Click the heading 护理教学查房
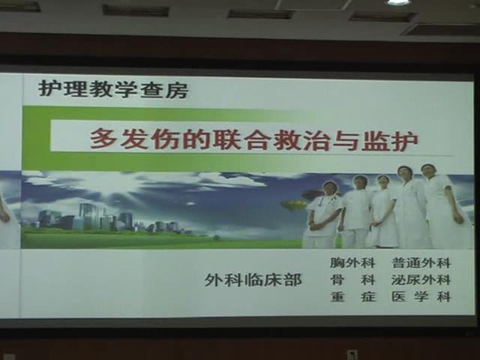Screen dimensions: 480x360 pyautogui.click(x=113, y=88)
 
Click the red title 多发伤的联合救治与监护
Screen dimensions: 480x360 pyautogui.click(x=254, y=140)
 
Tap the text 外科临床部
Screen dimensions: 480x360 pyautogui.click(x=253, y=280)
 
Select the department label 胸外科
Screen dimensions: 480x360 pyautogui.click(x=352, y=262)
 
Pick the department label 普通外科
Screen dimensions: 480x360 pyautogui.click(x=421, y=262)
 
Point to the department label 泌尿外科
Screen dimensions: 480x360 pyautogui.click(x=421, y=280)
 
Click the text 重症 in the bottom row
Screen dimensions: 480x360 pyautogui.click(x=353, y=296)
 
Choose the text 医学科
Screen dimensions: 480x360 pyautogui.click(x=421, y=296)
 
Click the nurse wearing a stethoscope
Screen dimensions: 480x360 pyautogui.click(x=323, y=214)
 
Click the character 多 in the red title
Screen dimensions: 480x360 pyautogui.click(x=103, y=139)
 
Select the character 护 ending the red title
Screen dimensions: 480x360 pyautogui.click(x=405, y=140)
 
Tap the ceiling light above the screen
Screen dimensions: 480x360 pyautogui.click(x=397, y=2)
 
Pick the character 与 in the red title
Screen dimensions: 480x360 pyautogui.click(x=345, y=140)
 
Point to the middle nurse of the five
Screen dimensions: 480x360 pyautogui.click(x=382, y=211)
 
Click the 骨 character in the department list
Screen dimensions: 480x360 pyautogui.click(x=337, y=280)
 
